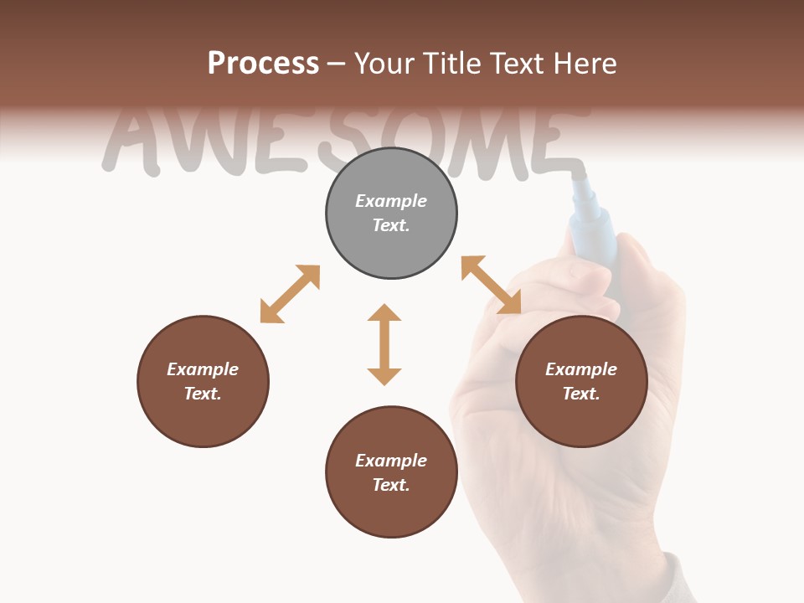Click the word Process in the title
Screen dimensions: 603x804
pos(263,64)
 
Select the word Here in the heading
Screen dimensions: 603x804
pos(583,64)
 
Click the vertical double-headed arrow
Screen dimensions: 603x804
pos(384,344)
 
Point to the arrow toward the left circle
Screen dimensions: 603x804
pos(290,294)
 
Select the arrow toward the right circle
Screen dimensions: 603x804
pos(491,285)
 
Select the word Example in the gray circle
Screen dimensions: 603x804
pos(391,201)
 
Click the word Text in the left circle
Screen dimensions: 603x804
pos(203,394)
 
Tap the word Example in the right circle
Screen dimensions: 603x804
pos(581,369)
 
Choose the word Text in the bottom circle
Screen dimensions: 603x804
pos(391,485)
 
